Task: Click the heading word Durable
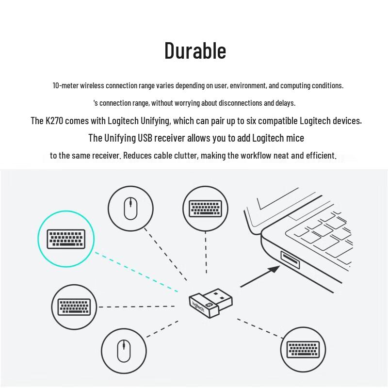tap(195, 50)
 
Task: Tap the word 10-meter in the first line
tap(65, 85)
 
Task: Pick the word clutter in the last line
tap(186, 155)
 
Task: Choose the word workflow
tap(256, 155)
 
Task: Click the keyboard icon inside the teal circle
tap(66, 239)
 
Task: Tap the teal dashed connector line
tap(136, 272)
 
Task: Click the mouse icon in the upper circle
tap(130, 209)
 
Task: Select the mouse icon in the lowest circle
tap(124, 351)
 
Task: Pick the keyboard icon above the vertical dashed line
tap(205, 209)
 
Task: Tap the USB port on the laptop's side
tap(290, 260)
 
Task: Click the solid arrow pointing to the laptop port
tap(260, 276)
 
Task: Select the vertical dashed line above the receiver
tap(206, 253)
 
